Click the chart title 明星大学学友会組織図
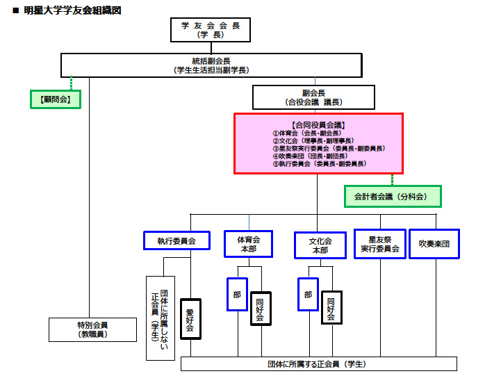pyautogui.click(x=72, y=10)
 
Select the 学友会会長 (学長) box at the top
pyautogui.click(x=210, y=30)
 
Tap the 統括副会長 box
pyautogui.click(x=211, y=65)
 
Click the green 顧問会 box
pyautogui.click(x=56, y=99)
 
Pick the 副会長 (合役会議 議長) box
pyautogui.click(x=313, y=97)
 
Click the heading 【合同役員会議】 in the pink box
pyautogui.click(x=318, y=124)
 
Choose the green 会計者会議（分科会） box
pyautogui.click(x=393, y=196)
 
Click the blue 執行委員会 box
pyautogui.click(x=176, y=240)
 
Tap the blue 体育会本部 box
pyautogui.click(x=248, y=244)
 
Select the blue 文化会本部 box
pyautogui.click(x=320, y=245)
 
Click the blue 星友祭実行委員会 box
pyautogui.click(x=379, y=244)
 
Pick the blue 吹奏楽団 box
pyautogui.click(x=434, y=244)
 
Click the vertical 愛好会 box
pyautogui.click(x=190, y=318)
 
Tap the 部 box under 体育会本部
pyautogui.click(x=237, y=295)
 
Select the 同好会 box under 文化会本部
pyautogui.click(x=331, y=308)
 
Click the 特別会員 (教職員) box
pyautogui.click(x=92, y=329)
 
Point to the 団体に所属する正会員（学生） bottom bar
pyautogui.click(x=318, y=364)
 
